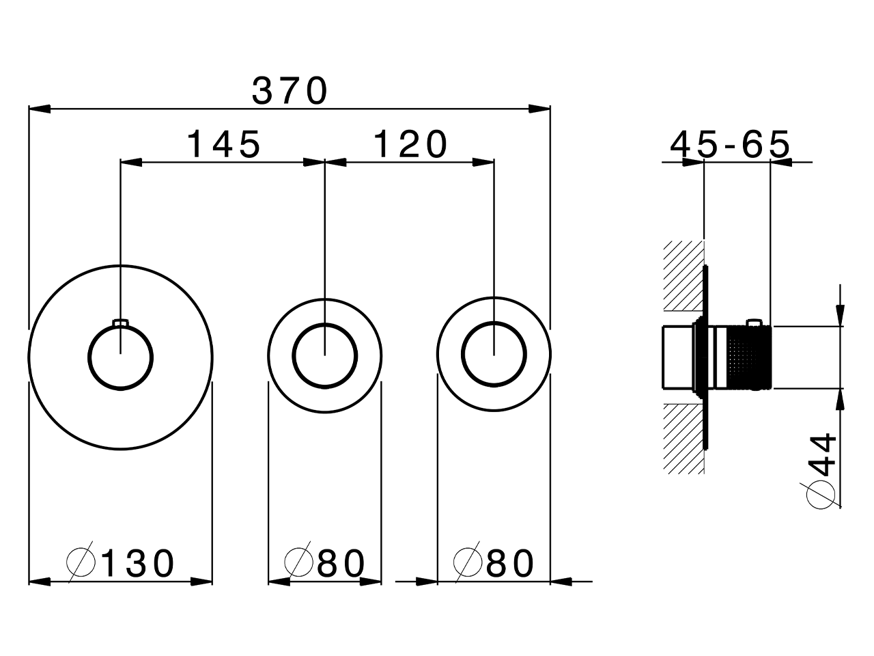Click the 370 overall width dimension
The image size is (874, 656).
(x=290, y=90)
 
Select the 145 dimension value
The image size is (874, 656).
(x=223, y=144)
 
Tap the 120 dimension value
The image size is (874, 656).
(x=410, y=144)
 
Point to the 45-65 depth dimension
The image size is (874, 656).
(x=730, y=144)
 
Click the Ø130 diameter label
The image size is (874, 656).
(x=121, y=563)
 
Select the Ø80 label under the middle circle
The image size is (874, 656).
(x=325, y=563)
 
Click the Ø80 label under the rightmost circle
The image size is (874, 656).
(x=494, y=563)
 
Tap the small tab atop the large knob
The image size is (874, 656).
(x=121, y=323)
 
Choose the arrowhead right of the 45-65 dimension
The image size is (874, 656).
(x=781, y=163)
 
